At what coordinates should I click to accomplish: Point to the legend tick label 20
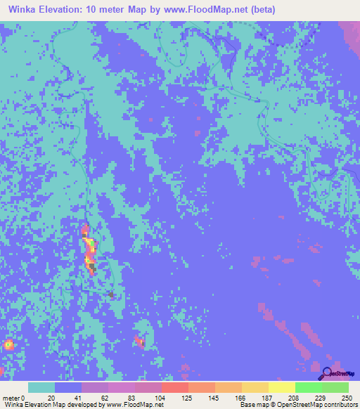(51, 397)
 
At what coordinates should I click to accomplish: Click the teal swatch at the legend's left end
(41, 387)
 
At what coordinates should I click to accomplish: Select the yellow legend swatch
(281, 387)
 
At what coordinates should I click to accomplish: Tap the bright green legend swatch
(308, 387)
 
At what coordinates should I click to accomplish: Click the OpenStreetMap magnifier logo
(328, 372)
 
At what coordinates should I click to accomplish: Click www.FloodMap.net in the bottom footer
(134, 405)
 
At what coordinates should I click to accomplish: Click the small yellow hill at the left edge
(8, 344)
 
